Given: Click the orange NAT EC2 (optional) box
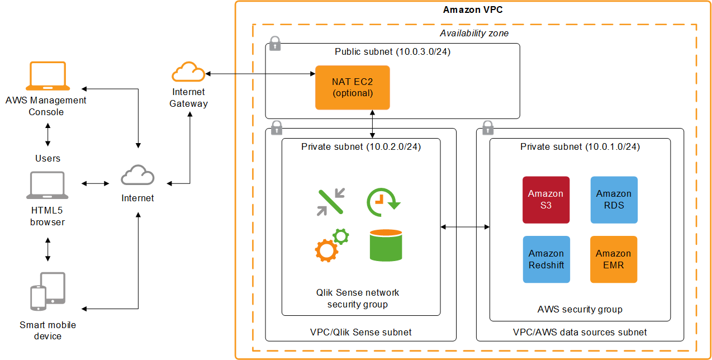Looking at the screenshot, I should [x=352, y=87].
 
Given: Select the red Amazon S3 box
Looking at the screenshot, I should [x=545, y=200].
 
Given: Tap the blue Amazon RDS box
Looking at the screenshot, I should [x=614, y=200].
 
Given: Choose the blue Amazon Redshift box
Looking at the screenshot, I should [x=545, y=259].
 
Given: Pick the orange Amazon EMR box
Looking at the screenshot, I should [x=614, y=259].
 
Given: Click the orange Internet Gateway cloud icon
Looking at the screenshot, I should [x=188, y=73].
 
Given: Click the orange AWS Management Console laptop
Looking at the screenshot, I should [x=48, y=77].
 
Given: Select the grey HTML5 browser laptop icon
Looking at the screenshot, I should [x=48, y=186].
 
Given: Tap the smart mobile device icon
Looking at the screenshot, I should [x=48, y=291].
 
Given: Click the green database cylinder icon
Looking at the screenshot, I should [x=386, y=245].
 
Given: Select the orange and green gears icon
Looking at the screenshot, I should [x=331, y=245].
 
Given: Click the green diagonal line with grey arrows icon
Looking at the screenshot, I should [x=331, y=202].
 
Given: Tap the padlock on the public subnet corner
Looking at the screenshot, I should [x=274, y=44].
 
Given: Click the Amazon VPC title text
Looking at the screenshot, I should [x=473, y=10].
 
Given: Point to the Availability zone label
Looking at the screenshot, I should [x=474, y=34].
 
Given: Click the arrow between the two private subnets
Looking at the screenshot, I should [x=465, y=226].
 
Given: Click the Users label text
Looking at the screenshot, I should [x=48, y=158].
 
